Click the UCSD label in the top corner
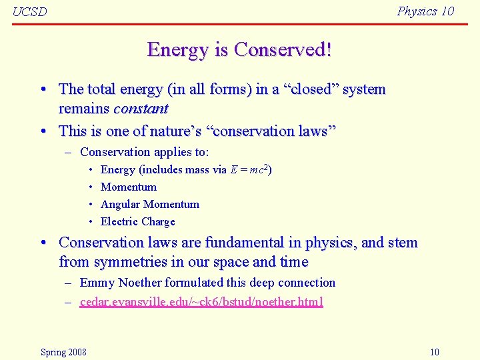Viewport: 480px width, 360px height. tap(30, 13)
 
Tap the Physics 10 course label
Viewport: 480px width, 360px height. tap(425, 11)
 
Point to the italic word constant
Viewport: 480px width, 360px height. tap(141, 108)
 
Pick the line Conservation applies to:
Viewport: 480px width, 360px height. tap(144, 153)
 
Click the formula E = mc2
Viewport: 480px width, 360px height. tap(251, 170)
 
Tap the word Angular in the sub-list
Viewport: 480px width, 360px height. tap(120, 205)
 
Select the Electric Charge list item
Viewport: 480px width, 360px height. tap(137, 222)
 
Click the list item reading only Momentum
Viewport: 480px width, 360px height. tap(129, 187)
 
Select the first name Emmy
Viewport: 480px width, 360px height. tap(97, 283)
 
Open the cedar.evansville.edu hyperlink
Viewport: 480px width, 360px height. tap(201, 302)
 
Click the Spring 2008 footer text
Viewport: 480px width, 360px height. tap(63, 352)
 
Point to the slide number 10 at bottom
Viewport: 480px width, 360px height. tap(434, 352)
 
